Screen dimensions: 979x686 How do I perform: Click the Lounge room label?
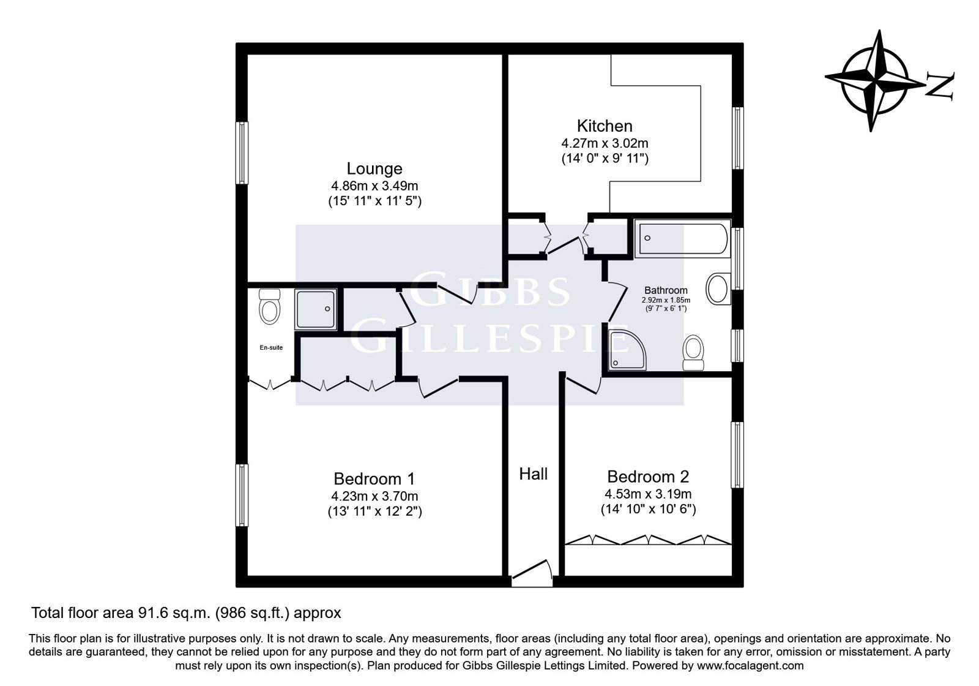coord(374,168)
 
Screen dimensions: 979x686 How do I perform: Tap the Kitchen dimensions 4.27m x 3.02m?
coord(605,143)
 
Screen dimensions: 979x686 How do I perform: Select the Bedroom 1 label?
coord(374,478)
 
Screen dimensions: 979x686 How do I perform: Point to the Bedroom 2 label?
coord(648,476)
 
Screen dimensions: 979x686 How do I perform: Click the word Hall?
coord(533,474)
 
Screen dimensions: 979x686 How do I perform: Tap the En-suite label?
coord(271,347)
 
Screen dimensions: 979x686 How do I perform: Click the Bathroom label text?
coord(666,290)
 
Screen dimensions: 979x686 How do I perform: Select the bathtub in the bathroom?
coord(682,238)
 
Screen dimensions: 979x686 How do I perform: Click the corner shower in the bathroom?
coord(627,349)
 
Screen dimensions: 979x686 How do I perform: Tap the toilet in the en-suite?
coord(269,306)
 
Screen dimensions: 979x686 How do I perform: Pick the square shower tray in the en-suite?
coord(316,309)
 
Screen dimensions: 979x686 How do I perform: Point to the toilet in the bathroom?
coord(693,353)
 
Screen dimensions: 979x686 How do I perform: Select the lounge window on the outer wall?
coord(242,153)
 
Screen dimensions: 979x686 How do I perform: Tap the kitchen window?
coord(738,138)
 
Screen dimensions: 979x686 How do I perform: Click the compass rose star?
coord(875,81)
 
